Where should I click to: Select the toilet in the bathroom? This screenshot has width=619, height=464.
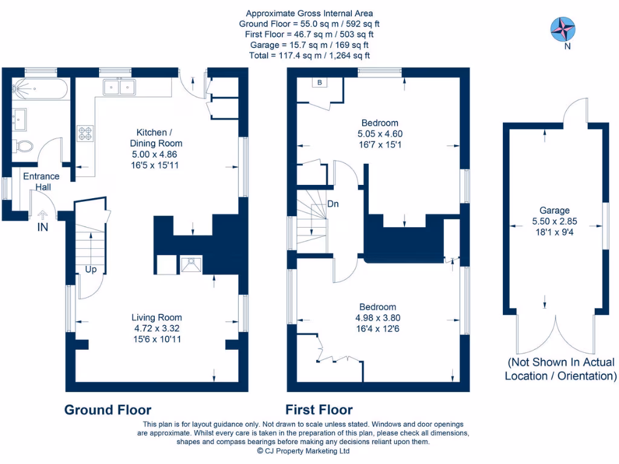(25, 146)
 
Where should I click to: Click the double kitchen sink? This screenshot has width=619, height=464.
(119, 88)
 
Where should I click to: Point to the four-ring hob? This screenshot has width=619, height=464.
(85, 133)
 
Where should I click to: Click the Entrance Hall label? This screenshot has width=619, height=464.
(41, 182)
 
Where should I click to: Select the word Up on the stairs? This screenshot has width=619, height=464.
(91, 269)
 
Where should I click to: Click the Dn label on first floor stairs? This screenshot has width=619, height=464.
(333, 204)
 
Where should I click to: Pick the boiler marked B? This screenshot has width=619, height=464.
(319, 83)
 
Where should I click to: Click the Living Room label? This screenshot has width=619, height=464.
(157, 317)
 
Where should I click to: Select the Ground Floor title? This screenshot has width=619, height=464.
(108, 410)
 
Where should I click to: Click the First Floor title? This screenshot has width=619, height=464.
(319, 410)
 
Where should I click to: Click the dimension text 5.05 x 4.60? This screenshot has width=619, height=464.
(380, 134)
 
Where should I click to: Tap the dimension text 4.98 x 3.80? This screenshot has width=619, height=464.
(378, 318)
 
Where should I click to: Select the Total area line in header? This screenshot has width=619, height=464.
(309, 56)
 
